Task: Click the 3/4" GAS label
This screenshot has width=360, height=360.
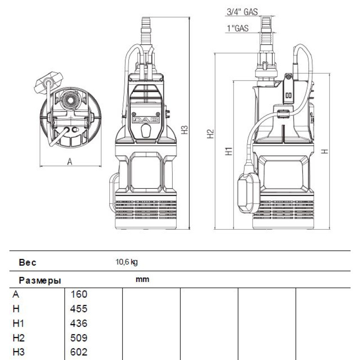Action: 242,12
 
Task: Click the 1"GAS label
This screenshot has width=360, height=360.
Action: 237,28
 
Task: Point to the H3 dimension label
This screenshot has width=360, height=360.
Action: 184,130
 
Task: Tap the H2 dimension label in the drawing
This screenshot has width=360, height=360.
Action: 210,134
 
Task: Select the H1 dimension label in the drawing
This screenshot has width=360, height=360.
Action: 229,151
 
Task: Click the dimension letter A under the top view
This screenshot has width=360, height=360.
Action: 69,162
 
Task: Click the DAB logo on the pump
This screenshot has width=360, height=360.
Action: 146,120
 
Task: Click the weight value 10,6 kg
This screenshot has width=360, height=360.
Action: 126,262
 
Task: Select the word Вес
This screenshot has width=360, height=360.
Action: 27,262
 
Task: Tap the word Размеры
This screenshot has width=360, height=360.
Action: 40,281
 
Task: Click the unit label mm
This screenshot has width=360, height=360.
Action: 142,279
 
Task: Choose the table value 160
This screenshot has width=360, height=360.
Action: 79,294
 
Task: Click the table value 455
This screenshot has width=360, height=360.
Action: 79,309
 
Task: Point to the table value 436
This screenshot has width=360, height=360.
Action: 79,323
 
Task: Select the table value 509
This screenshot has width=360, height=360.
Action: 79,338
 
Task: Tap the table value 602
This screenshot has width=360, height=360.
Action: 79,352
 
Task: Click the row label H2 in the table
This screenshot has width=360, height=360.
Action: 18,338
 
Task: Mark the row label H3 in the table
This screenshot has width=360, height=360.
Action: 18,352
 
